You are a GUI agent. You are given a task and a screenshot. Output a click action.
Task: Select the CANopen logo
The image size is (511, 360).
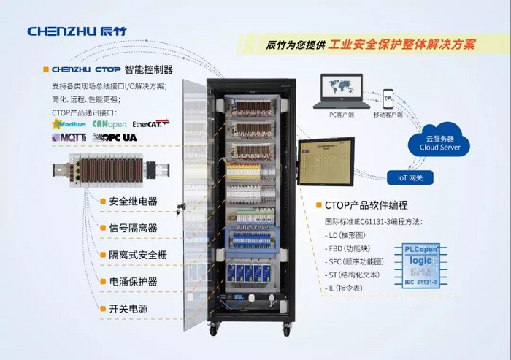[109, 124]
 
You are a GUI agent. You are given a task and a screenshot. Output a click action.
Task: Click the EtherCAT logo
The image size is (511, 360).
[150, 123]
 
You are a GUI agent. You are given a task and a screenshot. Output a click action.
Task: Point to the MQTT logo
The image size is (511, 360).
[69, 137]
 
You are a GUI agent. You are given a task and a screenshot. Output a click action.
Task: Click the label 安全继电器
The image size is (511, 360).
[133, 201]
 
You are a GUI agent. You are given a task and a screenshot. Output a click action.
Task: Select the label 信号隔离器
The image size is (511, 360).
[133, 228]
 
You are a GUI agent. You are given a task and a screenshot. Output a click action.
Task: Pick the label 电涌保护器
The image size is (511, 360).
[133, 282]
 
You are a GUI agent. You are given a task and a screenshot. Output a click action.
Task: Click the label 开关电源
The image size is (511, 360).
[128, 309]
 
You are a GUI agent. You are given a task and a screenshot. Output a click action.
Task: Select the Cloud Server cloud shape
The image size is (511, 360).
[439, 139]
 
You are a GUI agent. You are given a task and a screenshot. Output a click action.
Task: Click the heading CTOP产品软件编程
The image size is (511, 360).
[365, 205]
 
